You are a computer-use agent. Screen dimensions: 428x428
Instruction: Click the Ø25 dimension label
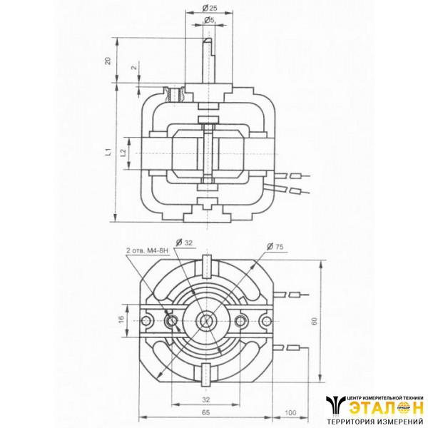209,7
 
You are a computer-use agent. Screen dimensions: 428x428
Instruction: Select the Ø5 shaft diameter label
209,21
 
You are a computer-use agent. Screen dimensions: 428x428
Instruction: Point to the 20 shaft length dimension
108,60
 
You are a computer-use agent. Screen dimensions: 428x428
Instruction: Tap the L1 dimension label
108,152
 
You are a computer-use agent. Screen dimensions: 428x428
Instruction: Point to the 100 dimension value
290,413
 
